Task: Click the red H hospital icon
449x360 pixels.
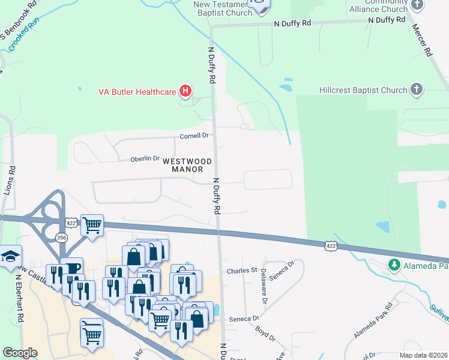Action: tap(185, 91)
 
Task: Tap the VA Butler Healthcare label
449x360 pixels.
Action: tap(137, 92)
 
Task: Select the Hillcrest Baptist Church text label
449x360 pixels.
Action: tap(363, 91)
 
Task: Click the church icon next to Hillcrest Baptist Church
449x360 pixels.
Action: tap(417, 90)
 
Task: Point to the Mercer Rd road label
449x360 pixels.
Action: tap(422, 41)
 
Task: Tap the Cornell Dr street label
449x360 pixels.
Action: tap(194, 136)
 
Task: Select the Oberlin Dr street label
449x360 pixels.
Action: tap(145, 159)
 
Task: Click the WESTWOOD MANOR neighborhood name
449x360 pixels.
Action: tap(188, 166)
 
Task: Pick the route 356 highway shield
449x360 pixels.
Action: tap(61, 238)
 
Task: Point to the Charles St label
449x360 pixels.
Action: tap(241, 271)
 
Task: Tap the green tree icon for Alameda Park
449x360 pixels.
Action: tap(394, 265)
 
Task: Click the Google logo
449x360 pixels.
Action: tap(20, 353)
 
